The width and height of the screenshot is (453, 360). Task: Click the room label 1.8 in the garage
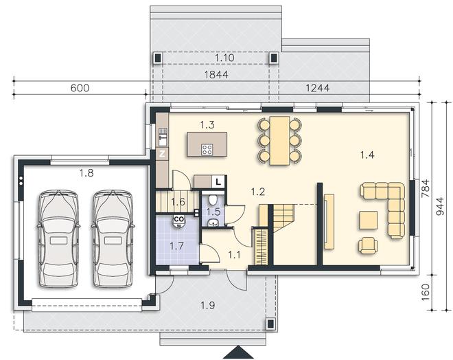pos(86,173)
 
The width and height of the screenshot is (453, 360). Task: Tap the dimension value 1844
pos(216,75)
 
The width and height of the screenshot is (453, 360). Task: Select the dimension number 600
pos(80,88)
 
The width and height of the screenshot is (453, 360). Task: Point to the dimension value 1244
pos(318,88)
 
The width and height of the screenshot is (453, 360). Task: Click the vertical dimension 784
pos(426,188)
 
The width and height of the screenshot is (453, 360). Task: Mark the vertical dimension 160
pos(426,292)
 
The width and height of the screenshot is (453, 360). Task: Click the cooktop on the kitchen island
pos(207,150)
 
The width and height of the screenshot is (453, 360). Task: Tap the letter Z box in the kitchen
pos(162,154)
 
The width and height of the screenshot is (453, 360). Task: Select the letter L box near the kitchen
pos(218,182)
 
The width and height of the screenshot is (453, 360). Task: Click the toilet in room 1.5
pos(213,199)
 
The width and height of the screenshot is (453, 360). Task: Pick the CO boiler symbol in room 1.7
pos(179,221)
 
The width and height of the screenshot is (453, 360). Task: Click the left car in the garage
pos(58,238)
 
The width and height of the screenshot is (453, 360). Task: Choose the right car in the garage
pos(113,238)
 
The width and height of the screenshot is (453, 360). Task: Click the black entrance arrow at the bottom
pos(239,352)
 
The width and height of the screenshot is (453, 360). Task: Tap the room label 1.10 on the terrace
pos(224,58)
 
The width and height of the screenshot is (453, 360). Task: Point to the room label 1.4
pos(367,155)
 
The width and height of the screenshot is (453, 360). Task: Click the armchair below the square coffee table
pos(368,245)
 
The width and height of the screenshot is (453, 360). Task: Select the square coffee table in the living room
pos(369,220)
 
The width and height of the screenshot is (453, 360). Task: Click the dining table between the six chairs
pos(279,141)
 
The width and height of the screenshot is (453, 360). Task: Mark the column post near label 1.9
pos(270,324)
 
